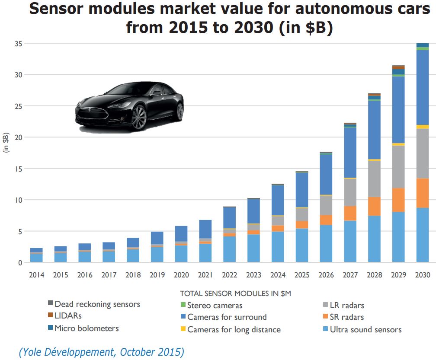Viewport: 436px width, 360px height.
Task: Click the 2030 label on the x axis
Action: point(422,275)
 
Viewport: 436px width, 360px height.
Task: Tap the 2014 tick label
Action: point(36,275)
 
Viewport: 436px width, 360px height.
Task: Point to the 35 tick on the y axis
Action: point(18,43)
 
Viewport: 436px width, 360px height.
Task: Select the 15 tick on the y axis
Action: point(18,169)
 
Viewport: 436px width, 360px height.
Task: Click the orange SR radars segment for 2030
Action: point(422,193)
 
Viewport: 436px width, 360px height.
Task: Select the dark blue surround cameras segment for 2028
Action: point(374,130)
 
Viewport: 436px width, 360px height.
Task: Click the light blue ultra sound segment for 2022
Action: point(229,249)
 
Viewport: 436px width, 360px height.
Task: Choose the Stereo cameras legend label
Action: point(215,306)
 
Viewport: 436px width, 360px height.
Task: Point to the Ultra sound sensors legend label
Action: point(365,330)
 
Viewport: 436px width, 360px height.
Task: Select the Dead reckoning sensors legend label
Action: point(97,304)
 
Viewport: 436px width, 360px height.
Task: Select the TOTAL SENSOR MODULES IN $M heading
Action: point(235,293)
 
